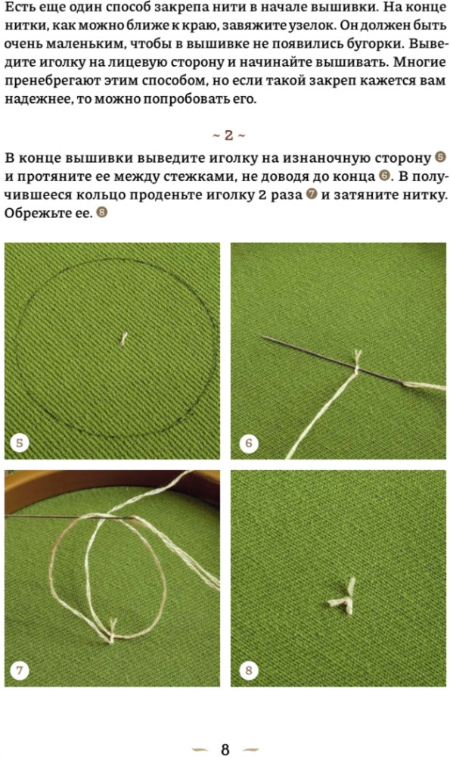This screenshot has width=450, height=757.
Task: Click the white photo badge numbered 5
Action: coord(20,443)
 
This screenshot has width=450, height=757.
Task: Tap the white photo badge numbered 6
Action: coord(248,443)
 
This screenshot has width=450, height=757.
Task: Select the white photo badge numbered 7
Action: coord(20,670)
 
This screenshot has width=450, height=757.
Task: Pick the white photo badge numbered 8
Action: coord(248,670)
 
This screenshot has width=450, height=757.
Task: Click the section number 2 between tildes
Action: coord(228,136)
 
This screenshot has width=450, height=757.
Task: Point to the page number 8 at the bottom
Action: coord(225,749)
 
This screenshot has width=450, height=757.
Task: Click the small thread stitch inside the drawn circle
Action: coord(124,338)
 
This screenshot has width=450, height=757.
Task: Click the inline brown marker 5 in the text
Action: coord(440,157)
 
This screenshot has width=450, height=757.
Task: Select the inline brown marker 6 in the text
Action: coord(384,176)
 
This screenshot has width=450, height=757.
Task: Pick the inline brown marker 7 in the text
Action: coord(312,195)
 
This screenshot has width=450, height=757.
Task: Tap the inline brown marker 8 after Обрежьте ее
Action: coord(101,213)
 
